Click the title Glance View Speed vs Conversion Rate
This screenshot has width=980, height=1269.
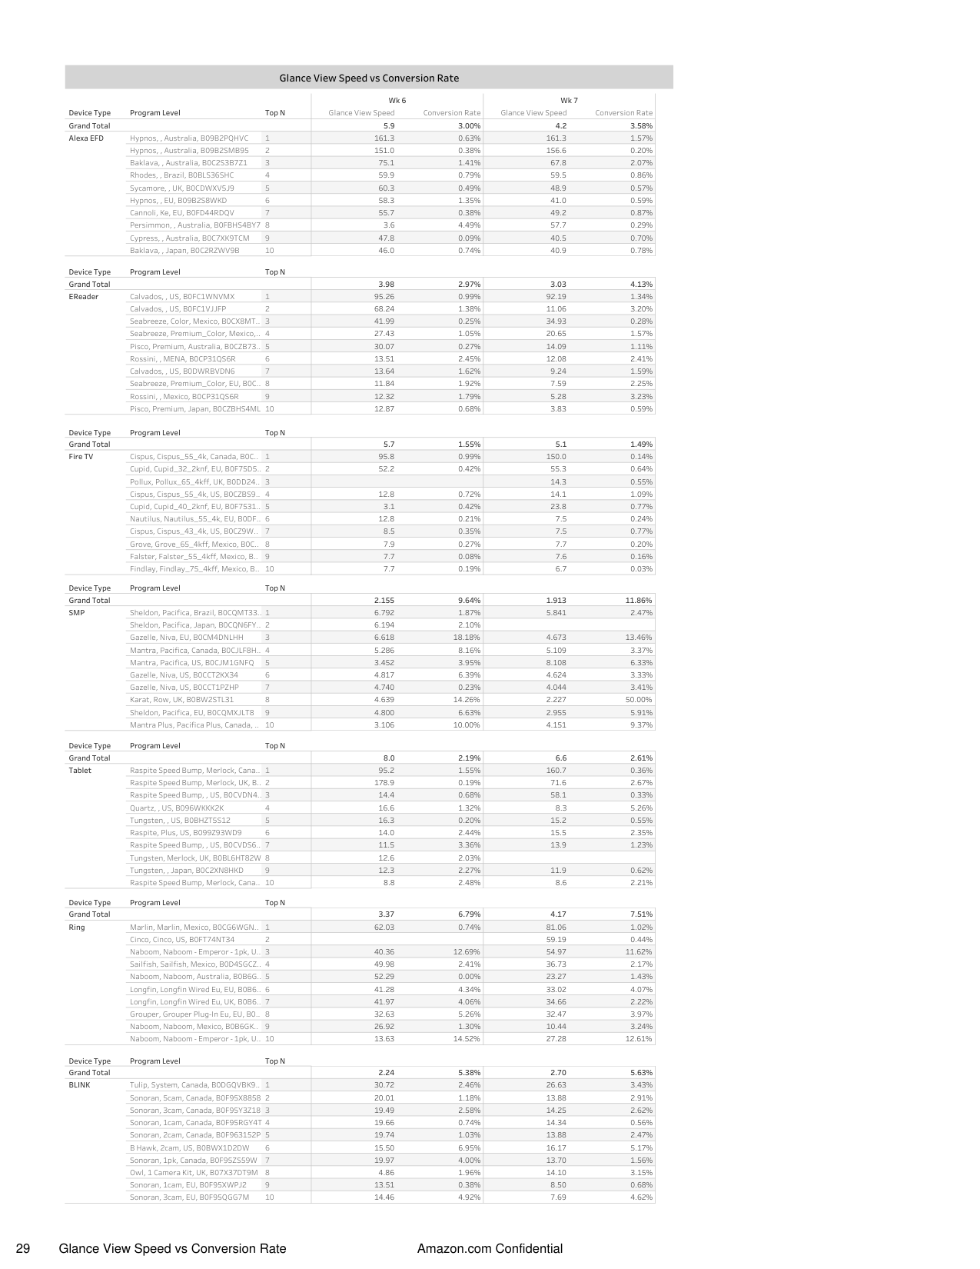[369, 78]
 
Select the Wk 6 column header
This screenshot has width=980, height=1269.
[397, 101]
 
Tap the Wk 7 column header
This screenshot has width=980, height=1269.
[569, 101]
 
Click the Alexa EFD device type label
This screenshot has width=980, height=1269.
[86, 138]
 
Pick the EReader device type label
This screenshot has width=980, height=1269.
[83, 297]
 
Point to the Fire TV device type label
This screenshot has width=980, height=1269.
[81, 457]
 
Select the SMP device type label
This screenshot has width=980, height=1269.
[77, 613]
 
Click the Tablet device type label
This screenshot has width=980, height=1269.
[80, 771]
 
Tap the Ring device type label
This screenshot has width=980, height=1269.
[77, 928]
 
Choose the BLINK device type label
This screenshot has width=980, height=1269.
[79, 1085]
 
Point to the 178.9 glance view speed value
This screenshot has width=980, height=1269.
[384, 783]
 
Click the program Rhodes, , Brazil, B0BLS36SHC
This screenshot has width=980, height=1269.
[181, 175]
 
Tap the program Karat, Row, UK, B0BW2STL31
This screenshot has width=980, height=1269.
[181, 700]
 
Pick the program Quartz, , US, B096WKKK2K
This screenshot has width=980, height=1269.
[177, 808]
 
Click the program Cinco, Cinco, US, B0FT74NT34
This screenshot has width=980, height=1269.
[182, 940]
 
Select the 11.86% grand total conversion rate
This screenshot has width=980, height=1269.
[638, 601]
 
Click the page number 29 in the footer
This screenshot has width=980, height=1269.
[23, 1249]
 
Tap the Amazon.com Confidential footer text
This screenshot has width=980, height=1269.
[490, 1249]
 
